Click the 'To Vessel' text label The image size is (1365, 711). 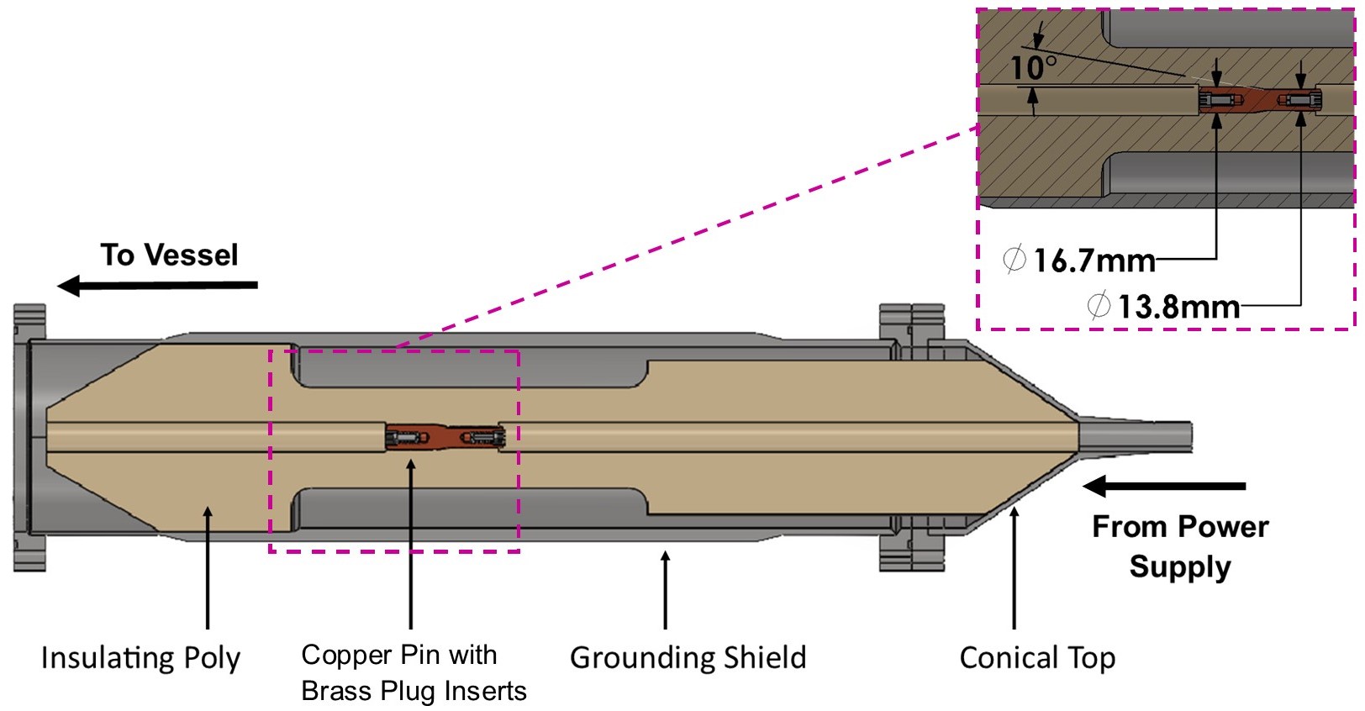169,255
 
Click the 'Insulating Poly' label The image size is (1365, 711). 140,658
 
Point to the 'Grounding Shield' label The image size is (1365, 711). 688,658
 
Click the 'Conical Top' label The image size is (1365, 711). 1037,658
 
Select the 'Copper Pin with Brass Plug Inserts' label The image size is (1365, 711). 413,672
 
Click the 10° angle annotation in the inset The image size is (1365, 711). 1032,67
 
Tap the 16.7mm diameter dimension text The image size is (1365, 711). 1094,261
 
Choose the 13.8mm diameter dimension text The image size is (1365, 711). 1178,307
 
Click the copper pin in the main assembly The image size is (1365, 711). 445,437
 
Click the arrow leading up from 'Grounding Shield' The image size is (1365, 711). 665,588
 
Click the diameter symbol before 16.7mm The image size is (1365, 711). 1015,260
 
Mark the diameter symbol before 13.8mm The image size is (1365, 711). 1099,306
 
